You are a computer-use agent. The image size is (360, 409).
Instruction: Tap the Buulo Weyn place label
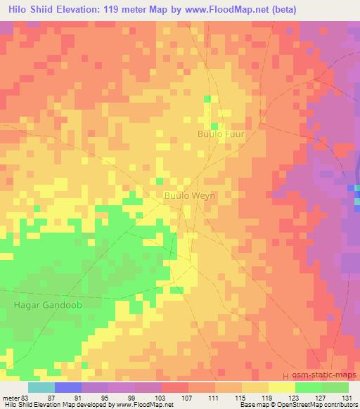(189, 196)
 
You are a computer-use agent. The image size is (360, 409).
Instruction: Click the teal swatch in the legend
(41, 387)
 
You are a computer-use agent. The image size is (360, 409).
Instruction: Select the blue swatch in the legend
(68, 387)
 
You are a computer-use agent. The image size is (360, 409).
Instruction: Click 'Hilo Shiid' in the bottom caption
(20, 405)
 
